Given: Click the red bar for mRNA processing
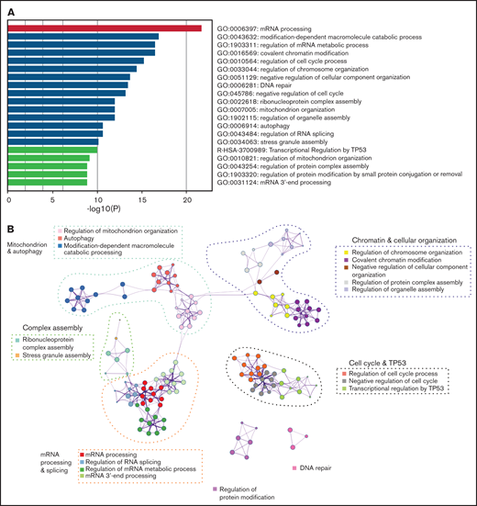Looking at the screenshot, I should [105, 28].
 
